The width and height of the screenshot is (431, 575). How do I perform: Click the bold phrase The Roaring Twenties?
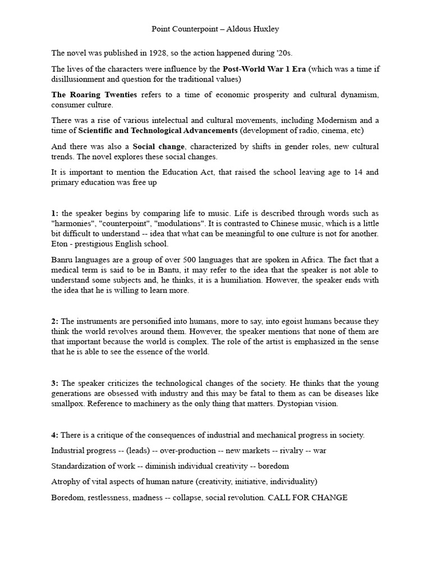(x=94, y=95)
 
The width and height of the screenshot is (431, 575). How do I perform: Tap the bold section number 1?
(x=55, y=213)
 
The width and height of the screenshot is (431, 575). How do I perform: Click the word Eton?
(x=60, y=244)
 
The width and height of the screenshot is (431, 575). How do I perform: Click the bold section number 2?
(x=55, y=321)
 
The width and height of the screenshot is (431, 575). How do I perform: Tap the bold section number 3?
(x=55, y=383)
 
